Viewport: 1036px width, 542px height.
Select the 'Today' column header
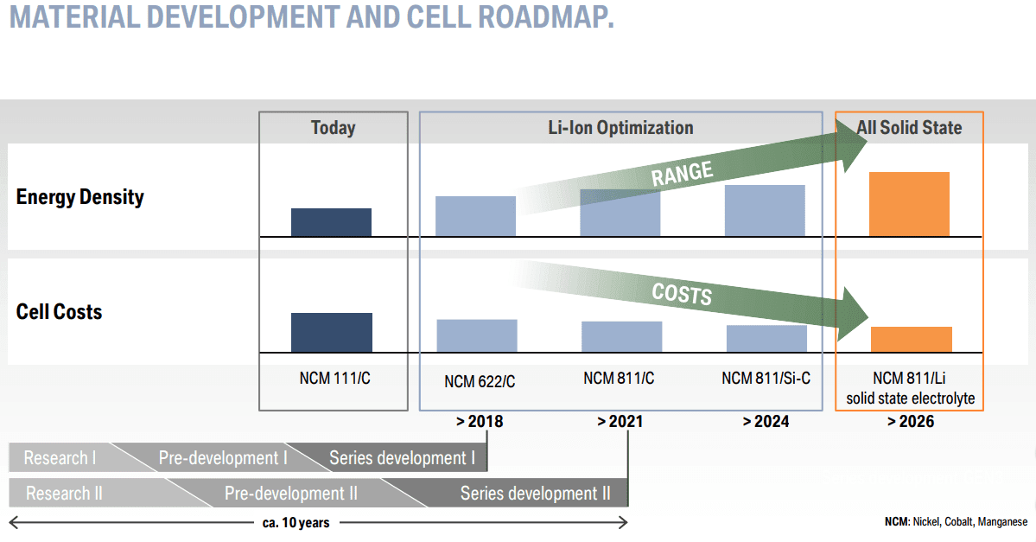click(x=333, y=128)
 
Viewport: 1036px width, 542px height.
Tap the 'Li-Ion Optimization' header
click(x=620, y=128)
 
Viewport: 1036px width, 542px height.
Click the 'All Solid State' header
click(x=909, y=128)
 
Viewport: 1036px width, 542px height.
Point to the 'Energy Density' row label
click(x=79, y=197)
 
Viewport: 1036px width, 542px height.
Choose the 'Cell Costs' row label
click(x=59, y=312)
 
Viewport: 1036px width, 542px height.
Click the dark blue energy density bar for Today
click(x=331, y=222)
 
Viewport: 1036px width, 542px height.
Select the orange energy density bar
click(x=909, y=204)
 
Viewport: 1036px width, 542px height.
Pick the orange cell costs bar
click(x=911, y=339)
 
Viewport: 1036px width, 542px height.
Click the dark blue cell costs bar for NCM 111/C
click(x=331, y=332)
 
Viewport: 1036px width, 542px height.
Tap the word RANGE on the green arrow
click(x=682, y=174)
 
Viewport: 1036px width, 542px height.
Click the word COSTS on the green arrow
click(x=682, y=294)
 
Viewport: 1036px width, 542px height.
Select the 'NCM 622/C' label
click(x=480, y=381)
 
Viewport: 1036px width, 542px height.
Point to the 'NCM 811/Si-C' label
click(x=766, y=378)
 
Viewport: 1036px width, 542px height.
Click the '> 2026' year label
click(x=910, y=422)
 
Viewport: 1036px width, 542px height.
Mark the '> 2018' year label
click(x=479, y=422)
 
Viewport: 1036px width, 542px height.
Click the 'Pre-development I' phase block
click(x=222, y=458)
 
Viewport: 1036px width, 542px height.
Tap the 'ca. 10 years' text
click(x=296, y=522)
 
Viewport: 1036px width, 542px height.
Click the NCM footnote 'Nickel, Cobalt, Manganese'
click(x=956, y=522)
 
